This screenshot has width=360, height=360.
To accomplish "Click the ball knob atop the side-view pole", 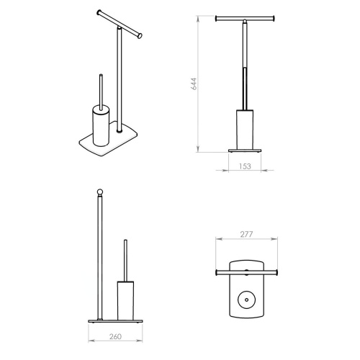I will point(100,192).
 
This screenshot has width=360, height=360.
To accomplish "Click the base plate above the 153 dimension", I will point(246,151).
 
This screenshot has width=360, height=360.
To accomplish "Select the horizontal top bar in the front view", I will point(246,16).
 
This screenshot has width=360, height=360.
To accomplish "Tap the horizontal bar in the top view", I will point(246,272).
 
